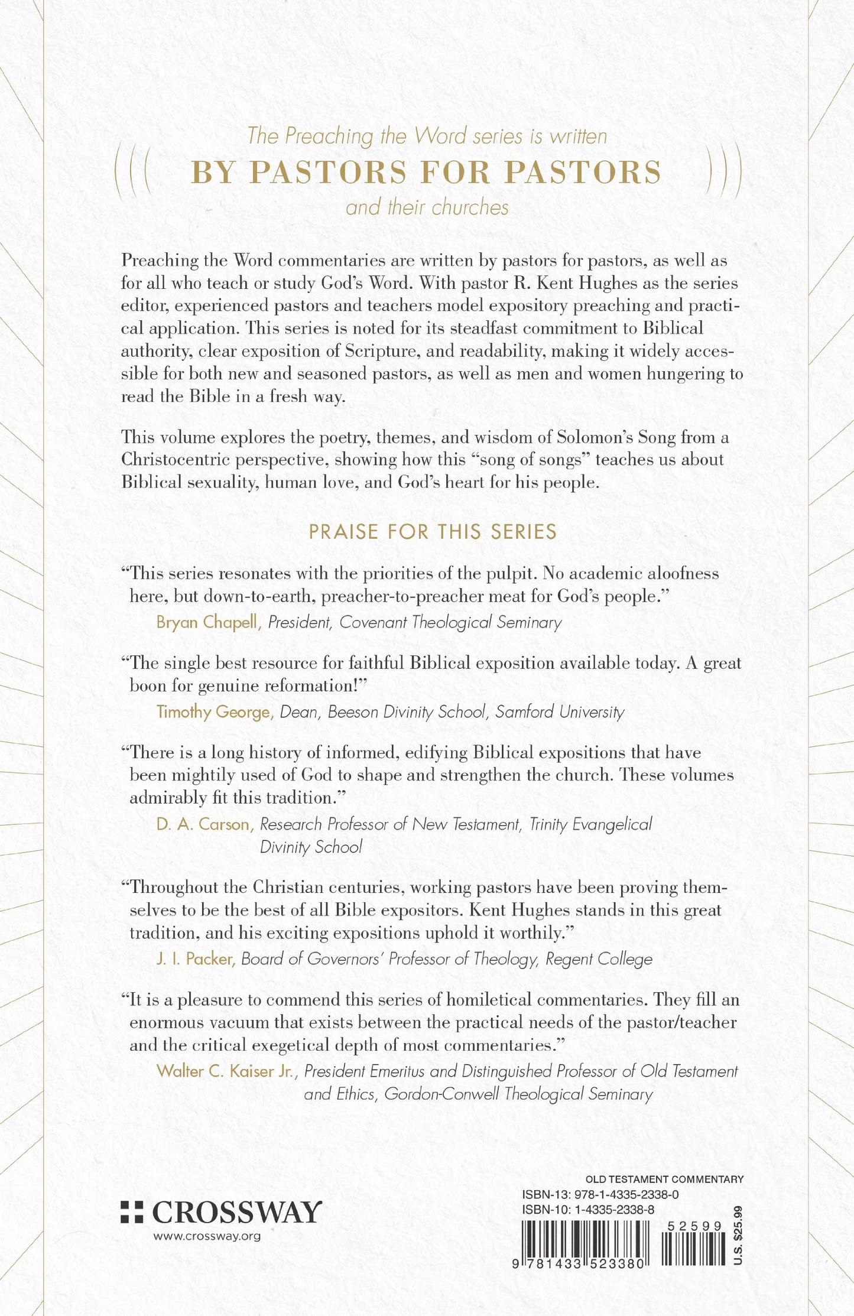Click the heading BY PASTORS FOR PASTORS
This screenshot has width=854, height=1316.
[x=426, y=173]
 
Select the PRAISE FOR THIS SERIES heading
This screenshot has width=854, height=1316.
[x=433, y=532]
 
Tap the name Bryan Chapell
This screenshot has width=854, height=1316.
[x=209, y=622]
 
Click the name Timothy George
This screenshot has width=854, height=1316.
[x=214, y=712]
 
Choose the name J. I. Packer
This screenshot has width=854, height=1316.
[x=196, y=959]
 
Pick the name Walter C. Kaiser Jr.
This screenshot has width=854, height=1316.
[x=225, y=1071]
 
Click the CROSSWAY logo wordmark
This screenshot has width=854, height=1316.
[x=237, y=1213]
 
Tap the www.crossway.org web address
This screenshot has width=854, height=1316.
[x=207, y=1236]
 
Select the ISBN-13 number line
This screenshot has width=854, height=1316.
[x=600, y=1194]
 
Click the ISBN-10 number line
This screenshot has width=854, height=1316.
[x=587, y=1209]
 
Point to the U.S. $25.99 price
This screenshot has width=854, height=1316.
[x=737, y=1235]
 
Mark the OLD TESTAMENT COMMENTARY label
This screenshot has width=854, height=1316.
[x=664, y=1179]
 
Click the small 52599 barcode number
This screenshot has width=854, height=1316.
[x=694, y=1226]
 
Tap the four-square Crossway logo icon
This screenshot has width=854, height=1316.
[x=132, y=1212]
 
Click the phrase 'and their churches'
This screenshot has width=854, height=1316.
[x=427, y=208]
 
